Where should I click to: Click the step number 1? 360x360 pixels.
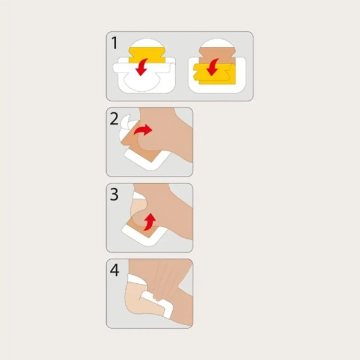tap(115, 43)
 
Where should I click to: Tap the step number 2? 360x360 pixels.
tap(114, 119)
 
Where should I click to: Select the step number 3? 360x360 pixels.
tap(115, 194)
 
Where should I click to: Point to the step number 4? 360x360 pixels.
tap(115, 270)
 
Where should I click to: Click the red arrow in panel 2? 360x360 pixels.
tap(143, 130)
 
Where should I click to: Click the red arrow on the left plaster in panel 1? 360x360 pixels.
tap(142, 67)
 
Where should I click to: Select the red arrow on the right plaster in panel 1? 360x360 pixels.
tap(212, 67)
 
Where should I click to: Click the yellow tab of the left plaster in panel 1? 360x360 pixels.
tap(147, 55)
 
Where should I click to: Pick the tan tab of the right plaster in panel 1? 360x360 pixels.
tap(217, 56)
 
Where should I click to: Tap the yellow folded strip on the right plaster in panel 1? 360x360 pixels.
tap(215, 74)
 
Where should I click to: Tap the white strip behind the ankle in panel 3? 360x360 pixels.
tap(139, 196)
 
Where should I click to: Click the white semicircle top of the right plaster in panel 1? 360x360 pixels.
tap(217, 44)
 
